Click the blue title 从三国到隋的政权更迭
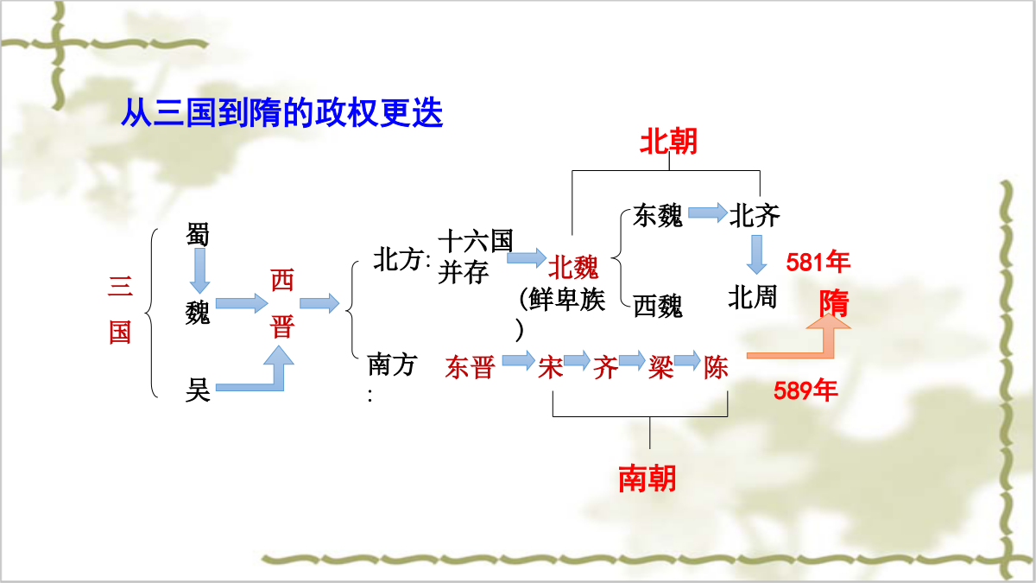282,112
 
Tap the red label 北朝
668,141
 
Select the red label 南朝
647,478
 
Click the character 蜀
198,234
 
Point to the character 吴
198,390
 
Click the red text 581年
818,262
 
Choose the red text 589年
805,390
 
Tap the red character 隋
834,303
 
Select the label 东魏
658,216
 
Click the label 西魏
658,306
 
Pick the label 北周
753,296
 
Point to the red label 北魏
573,267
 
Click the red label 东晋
471,367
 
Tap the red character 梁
660,367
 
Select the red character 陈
716,367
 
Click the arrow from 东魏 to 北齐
708,212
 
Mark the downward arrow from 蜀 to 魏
199,270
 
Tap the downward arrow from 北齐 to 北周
756,255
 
